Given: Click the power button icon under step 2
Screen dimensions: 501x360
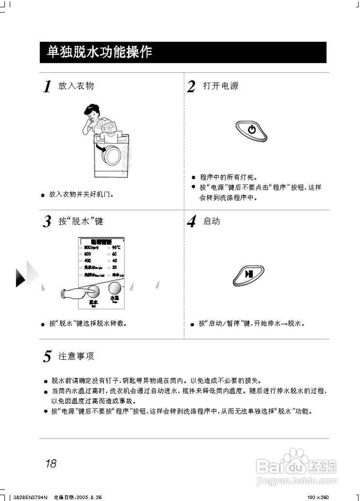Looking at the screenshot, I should (252, 130).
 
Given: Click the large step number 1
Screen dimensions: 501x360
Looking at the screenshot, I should (47, 87).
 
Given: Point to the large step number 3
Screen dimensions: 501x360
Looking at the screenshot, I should (47, 222).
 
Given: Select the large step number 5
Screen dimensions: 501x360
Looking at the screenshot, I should (47, 357).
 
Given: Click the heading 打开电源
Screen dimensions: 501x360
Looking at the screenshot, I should (220, 86).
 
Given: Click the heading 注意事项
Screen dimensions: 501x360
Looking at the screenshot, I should (76, 356).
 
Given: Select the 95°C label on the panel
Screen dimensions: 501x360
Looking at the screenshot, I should (116, 247).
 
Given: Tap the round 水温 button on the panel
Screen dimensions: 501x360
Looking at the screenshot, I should (115, 289).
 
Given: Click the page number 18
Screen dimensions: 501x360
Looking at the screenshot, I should (51, 464).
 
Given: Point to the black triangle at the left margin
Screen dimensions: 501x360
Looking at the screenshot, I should (20, 278).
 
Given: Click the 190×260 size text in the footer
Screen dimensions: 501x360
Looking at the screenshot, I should (318, 497).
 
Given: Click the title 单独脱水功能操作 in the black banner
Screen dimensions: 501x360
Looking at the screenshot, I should (99, 52).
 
